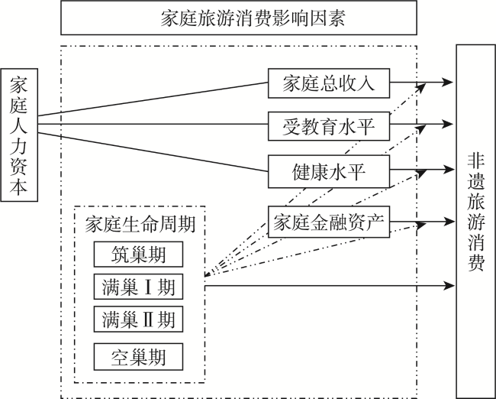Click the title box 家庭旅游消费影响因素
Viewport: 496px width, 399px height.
pyautogui.click(x=239, y=18)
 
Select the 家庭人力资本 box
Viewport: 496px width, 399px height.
pyautogui.click(x=19, y=135)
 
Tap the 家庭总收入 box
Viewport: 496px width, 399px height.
pyautogui.click(x=329, y=83)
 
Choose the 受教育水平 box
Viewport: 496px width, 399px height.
pyautogui.click(x=329, y=126)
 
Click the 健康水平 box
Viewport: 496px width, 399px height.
pyautogui.click(x=329, y=171)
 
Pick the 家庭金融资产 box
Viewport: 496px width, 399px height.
pyautogui.click(x=329, y=222)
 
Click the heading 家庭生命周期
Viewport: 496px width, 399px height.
pyautogui.click(x=140, y=225)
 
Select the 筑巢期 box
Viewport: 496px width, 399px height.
pyautogui.click(x=138, y=255)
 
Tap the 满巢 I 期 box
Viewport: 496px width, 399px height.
pyautogui.click(x=138, y=287)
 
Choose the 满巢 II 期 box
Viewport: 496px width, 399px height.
pyautogui.click(x=138, y=320)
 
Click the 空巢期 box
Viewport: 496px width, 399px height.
pyautogui.click(x=138, y=357)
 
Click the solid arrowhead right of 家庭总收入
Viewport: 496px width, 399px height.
pyautogui.click(x=448, y=82)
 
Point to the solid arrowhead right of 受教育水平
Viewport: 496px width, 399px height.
pyautogui.click(x=448, y=124)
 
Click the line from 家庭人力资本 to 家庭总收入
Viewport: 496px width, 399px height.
pyautogui.click(x=153, y=99)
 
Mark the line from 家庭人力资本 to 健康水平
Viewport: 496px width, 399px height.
pyautogui.click(x=153, y=152)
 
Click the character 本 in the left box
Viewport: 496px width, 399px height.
pyautogui.click(x=18, y=187)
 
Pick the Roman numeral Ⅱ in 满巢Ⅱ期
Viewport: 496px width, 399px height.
pyautogui.click(x=148, y=320)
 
